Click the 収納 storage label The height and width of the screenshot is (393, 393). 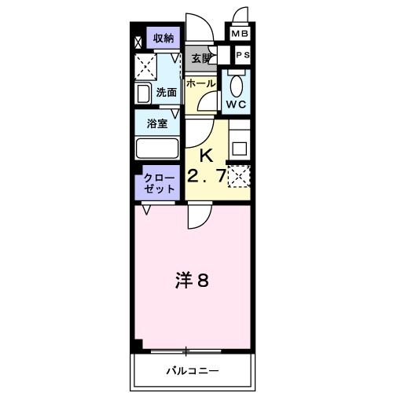(163, 39)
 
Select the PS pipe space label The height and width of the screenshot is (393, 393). (243, 56)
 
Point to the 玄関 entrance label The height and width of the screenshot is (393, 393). (201, 57)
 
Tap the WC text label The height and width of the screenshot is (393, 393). (237, 104)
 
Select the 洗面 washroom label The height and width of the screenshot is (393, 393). (167, 93)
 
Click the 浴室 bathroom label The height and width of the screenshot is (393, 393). (157, 123)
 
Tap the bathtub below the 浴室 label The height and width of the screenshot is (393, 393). (158, 149)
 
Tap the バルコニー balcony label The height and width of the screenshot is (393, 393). (193, 369)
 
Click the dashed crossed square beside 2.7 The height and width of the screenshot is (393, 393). (239, 177)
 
